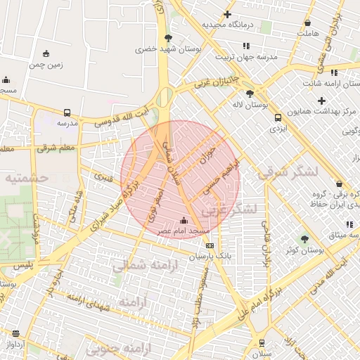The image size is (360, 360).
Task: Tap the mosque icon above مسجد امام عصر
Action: click(x=184, y=220)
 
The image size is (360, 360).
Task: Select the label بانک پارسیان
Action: click(x=210, y=257)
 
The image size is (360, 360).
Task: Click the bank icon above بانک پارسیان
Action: click(x=210, y=245)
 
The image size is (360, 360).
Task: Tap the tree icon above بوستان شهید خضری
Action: click(x=167, y=38)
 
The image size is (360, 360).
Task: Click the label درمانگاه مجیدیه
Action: click(x=231, y=25)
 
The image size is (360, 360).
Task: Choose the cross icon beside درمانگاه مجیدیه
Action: click(x=227, y=14)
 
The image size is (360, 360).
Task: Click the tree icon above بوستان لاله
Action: click(x=250, y=93)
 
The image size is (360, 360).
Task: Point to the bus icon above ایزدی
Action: click(x=278, y=117)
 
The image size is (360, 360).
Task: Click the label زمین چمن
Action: click(x=46, y=65)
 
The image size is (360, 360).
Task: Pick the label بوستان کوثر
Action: click(x=304, y=250)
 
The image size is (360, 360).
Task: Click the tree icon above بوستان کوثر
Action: click(x=304, y=239)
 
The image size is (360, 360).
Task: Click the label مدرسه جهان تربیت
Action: click(x=246, y=56)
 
